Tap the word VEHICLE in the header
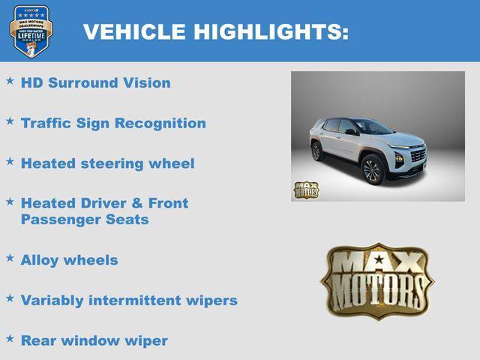pyautogui.click(x=134, y=31)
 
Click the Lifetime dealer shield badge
pyautogui.click(x=31, y=31)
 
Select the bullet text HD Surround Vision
pyautogui.click(x=95, y=82)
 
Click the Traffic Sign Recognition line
pyautogui.click(x=113, y=123)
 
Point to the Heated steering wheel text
pyautogui.click(x=107, y=163)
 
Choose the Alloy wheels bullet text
pyautogui.click(x=69, y=260)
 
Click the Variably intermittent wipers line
pyautogui.click(x=129, y=301)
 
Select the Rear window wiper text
pyautogui.click(x=94, y=340)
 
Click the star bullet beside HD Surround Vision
pyautogui.click(x=10, y=79)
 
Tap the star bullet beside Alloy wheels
pyautogui.click(x=10, y=257)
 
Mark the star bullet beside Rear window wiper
pyautogui.click(x=10, y=337)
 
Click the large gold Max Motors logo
pyautogui.click(x=377, y=280)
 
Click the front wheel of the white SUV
pyautogui.click(x=373, y=170)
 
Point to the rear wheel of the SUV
pyautogui.click(x=316, y=151)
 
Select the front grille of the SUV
pyautogui.click(x=417, y=155)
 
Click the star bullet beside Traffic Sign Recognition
pyautogui.click(x=10, y=120)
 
